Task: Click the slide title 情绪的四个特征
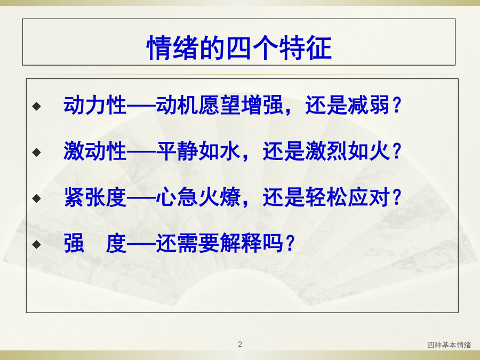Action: coord(239,47)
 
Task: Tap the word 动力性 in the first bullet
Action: coord(95,105)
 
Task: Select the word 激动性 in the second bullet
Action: coord(95,151)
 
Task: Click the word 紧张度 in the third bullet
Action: coord(95,197)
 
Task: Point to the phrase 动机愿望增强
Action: coord(220,105)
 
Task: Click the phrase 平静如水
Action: coord(198,151)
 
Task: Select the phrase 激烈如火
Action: coord(347,151)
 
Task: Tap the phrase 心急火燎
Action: coord(198,197)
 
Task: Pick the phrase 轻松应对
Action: coord(347,197)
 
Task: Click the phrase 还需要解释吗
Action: coord(220,243)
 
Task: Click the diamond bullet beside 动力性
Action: coord(37,106)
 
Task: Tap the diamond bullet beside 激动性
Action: coord(37,152)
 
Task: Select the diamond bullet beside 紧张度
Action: coord(37,198)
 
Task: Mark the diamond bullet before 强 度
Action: coord(37,244)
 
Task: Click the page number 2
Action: coord(240,344)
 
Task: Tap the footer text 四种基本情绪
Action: coord(449,345)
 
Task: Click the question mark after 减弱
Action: coord(397,105)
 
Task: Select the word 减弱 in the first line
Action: coord(368,105)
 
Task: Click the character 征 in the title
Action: coord(319,47)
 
